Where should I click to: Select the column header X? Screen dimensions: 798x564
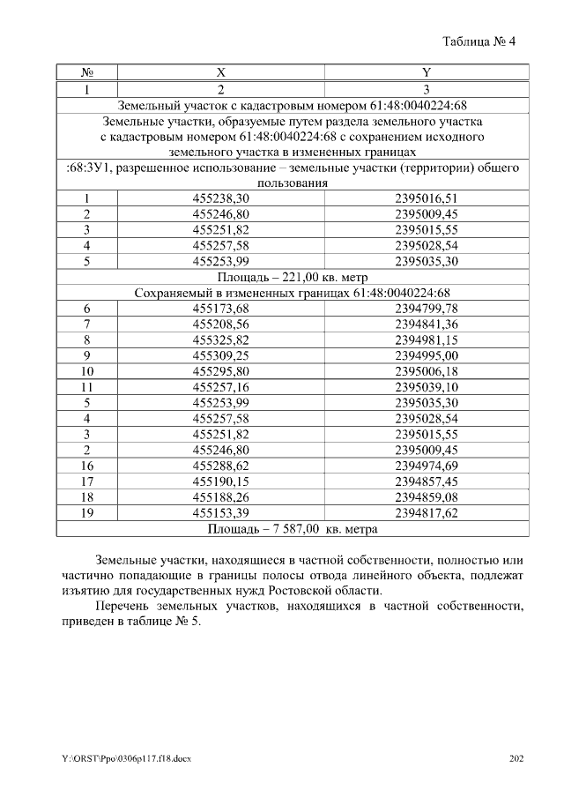(x=220, y=72)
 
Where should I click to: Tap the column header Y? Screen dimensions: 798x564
(x=426, y=72)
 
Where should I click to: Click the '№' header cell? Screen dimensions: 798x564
(x=87, y=72)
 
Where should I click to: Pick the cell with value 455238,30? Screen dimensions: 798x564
(x=220, y=198)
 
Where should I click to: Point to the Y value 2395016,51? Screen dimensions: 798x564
(x=427, y=198)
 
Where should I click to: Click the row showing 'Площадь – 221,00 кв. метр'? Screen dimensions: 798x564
(x=291, y=277)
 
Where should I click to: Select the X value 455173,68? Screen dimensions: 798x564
(x=220, y=309)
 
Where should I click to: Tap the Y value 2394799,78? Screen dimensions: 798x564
(x=427, y=309)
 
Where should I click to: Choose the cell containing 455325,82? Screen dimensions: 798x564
(x=220, y=339)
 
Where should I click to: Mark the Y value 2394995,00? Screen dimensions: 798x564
(x=427, y=355)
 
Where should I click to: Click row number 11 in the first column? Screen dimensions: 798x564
(x=87, y=387)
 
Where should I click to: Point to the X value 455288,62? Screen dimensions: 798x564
(x=220, y=466)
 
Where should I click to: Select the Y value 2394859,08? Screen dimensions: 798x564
(x=427, y=496)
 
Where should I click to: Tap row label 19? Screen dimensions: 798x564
(x=87, y=512)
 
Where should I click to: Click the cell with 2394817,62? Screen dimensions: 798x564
(x=427, y=512)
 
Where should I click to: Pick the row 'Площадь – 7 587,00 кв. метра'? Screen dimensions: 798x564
(x=291, y=529)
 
